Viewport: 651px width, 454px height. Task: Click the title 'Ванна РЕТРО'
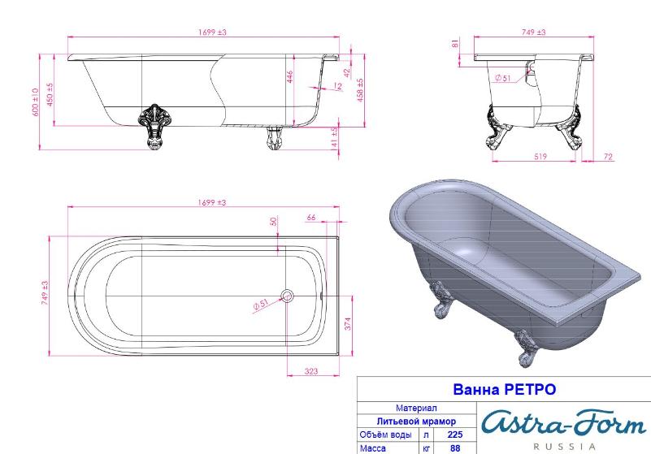click(504, 389)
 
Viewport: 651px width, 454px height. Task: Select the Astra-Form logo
click(564, 423)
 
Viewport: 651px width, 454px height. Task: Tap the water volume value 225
click(455, 435)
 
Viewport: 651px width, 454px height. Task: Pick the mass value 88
click(455, 448)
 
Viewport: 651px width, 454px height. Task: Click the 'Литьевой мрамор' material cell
click(416, 422)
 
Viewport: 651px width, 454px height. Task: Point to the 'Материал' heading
click(416, 408)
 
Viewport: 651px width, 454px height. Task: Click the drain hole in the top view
click(287, 296)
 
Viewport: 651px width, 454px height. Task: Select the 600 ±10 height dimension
click(35, 102)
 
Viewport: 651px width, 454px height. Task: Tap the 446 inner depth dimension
click(290, 77)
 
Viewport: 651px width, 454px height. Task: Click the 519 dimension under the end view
click(540, 157)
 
